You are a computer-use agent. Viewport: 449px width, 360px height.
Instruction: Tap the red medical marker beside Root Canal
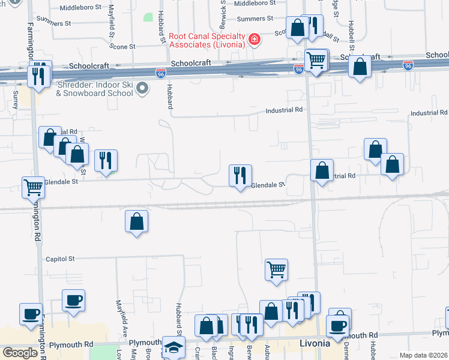pos(255,40)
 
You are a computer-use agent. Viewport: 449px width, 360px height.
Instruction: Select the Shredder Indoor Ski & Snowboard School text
pos(95,89)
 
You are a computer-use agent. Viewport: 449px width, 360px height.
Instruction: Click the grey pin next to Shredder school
pos(142,89)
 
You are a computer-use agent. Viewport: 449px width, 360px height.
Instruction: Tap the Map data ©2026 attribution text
pos(423,355)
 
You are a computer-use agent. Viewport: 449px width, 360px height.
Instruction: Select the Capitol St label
pos(60,259)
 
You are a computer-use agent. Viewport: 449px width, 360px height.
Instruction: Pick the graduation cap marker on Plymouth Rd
pos(173,347)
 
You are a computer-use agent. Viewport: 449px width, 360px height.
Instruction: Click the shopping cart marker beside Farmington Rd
pos(33,187)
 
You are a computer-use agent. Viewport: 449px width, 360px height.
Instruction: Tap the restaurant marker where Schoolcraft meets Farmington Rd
pos(40,75)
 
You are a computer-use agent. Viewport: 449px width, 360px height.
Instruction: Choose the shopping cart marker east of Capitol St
pos(276,269)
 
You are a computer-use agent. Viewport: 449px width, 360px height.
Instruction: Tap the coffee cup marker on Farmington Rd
pos(31,314)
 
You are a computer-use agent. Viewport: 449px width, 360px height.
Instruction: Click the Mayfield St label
pos(111,23)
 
